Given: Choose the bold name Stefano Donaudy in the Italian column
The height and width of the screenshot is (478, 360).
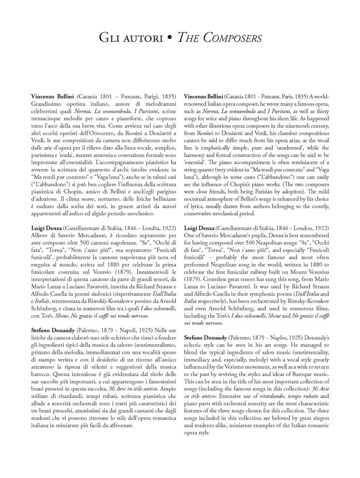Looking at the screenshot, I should pyautogui.click(x=55, y=330).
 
